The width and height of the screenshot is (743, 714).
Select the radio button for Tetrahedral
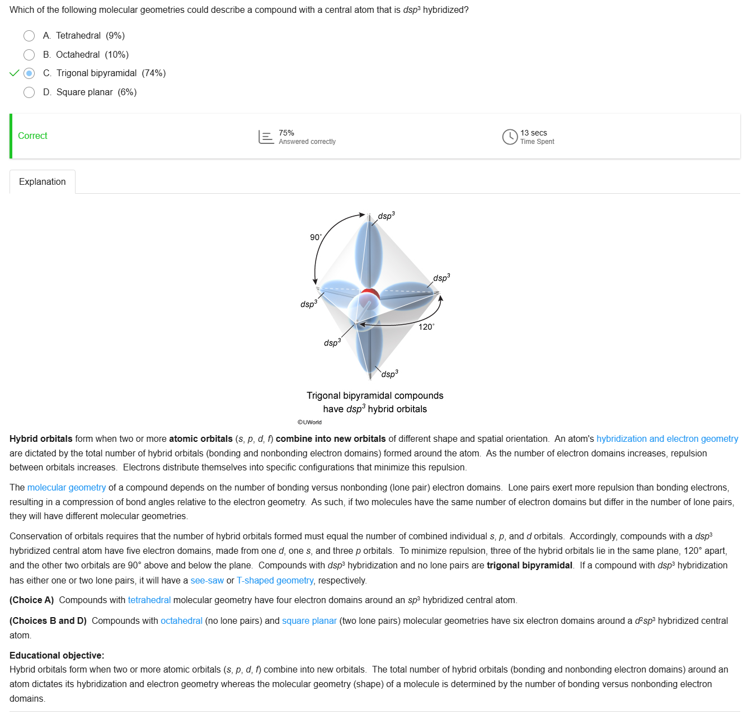[29, 36]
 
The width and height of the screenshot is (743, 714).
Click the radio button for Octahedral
[29, 55]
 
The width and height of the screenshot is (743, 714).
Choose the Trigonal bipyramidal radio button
[29, 73]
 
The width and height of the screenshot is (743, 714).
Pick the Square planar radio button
[29, 92]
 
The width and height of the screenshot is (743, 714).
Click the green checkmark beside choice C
[15, 73]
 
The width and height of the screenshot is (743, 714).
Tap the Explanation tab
[43, 182]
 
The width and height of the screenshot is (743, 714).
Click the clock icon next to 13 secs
[510, 137]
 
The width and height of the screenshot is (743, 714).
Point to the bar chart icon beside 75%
[266, 137]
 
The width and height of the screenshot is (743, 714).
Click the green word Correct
[32, 136]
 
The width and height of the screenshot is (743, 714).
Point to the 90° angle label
[316, 237]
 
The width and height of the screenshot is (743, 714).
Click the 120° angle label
[426, 327]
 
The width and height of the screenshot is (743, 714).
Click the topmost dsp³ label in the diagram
[386, 216]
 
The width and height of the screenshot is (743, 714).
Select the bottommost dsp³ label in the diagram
[389, 374]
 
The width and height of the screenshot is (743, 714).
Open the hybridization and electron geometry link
[667, 439]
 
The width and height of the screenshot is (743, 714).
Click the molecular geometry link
[67, 488]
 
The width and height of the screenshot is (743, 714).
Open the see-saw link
[207, 581]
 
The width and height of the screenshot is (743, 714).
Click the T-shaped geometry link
[275, 581]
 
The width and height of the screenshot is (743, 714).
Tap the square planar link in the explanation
[309, 621]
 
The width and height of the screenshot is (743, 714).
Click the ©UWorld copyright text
[309, 422]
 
